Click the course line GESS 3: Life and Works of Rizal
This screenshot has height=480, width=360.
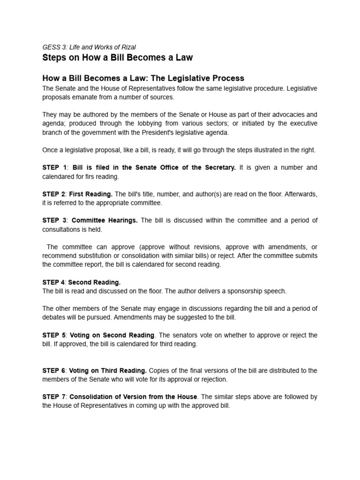coord(89,47)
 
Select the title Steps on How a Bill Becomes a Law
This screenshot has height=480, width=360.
coord(117,58)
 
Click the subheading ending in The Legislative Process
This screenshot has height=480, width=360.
coord(143,78)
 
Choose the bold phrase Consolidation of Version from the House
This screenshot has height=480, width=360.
coord(134,397)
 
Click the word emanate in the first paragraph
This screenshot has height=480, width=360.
coord(85,97)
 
